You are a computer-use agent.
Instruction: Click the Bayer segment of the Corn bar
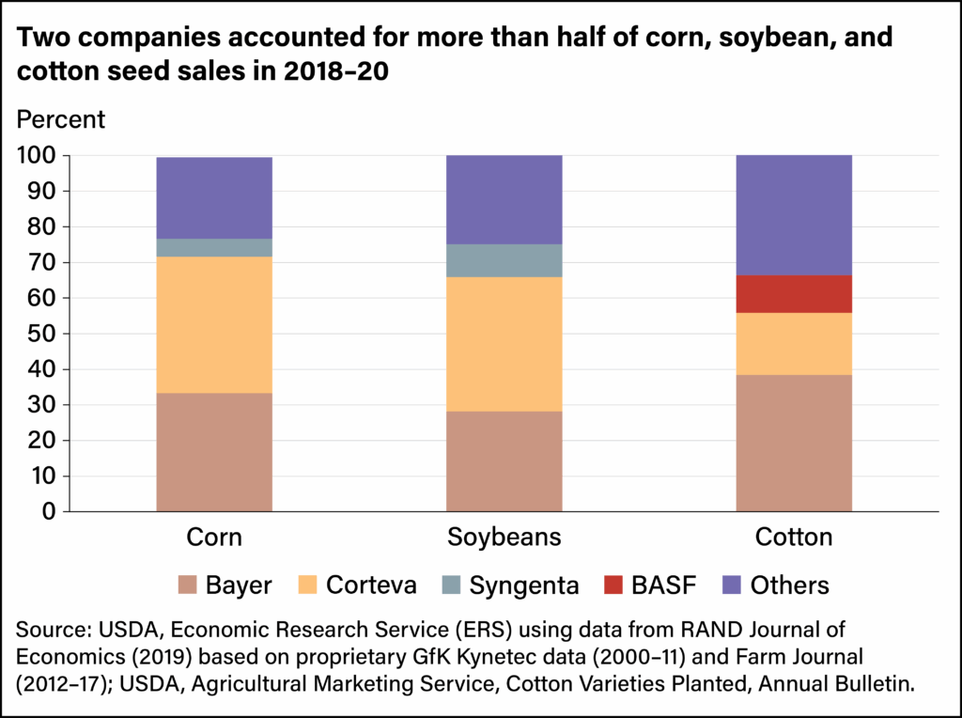[214, 452]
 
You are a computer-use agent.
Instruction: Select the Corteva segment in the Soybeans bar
[504, 344]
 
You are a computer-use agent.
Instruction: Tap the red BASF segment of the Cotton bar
[794, 293]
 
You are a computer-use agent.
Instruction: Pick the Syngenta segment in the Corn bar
[214, 247]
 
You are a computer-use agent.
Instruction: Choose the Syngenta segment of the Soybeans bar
[504, 260]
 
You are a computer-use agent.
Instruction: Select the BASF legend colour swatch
[612, 585]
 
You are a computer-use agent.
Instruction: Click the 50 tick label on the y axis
[42, 334]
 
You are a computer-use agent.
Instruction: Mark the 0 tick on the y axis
[49, 511]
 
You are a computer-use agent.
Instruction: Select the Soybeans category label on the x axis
[504, 538]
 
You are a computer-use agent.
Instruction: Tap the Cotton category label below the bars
[794, 538]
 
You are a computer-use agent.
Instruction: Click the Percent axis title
[62, 120]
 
